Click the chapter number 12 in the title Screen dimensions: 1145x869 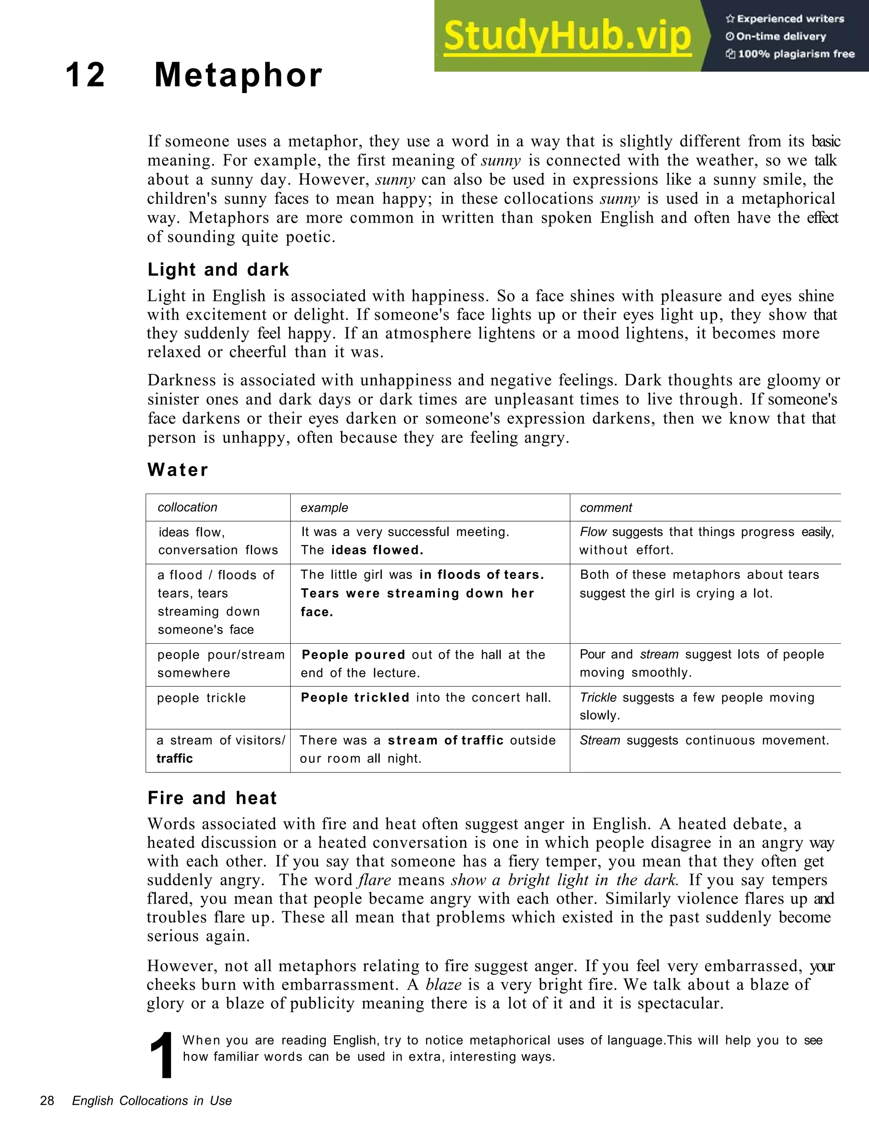click(x=85, y=75)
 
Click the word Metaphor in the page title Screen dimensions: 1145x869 click(x=238, y=75)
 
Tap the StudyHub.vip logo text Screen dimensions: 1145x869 click(x=567, y=36)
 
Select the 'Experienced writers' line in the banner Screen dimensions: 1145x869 click(x=785, y=19)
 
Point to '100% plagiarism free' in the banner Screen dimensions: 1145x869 click(x=791, y=54)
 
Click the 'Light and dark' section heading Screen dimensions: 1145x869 click(x=218, y=269)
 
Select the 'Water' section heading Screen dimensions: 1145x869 click(x=177, y=470)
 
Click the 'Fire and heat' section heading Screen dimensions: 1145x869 click(x=212, y=798)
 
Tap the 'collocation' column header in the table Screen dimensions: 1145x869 click(x=188, y=507)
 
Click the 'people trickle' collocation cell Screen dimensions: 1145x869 click(x=201, y=698)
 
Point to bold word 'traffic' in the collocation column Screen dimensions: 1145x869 click(x=174, y=758)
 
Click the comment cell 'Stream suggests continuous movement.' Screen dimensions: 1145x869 click(x=704, y=740)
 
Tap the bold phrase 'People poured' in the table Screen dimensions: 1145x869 click(x=353, y=655)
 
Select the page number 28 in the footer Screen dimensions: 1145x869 click(x=47, y=1100)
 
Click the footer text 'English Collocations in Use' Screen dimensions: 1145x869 click(x=151, y=1100)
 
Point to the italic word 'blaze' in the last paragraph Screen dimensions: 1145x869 click(x=443, y=984)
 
